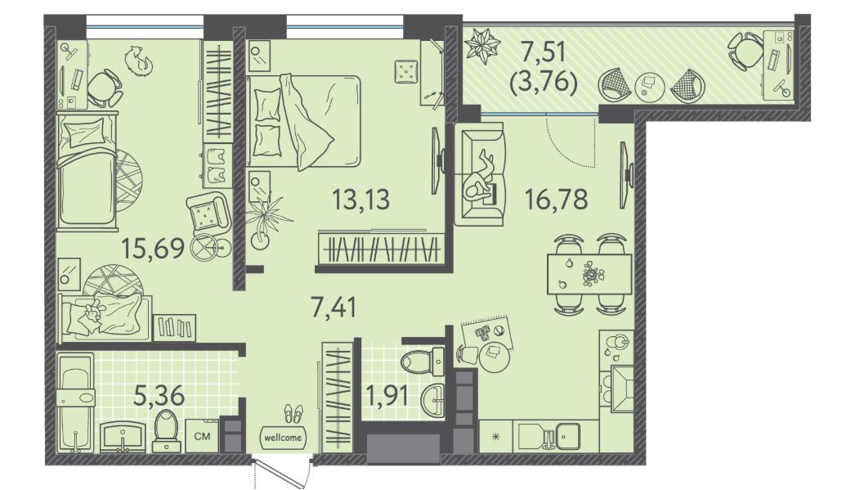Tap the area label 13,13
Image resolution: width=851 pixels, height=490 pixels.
click(x=361, y=200)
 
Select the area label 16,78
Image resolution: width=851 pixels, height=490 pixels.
click(x=557, y=200)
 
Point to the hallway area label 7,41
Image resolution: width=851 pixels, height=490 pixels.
click(x=334, y=308)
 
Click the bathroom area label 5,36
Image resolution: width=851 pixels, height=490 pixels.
click(x=159, y=395)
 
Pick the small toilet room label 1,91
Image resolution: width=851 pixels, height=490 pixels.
click(x=387, y=395)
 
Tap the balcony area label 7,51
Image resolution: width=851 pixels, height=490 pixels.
click(x=544, y=52)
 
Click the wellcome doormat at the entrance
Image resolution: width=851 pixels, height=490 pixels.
click(x=283, y=438)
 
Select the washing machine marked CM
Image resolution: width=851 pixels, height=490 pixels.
click(x=203, y=436)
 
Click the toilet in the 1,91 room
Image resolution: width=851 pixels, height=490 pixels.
click(x=423, y=360)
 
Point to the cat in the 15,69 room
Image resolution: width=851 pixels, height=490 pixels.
click(x=138, y=59)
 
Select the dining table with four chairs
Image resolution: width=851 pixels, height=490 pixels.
click(x=590, y=274)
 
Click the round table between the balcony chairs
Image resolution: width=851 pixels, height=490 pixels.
click(x=650, y=85)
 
